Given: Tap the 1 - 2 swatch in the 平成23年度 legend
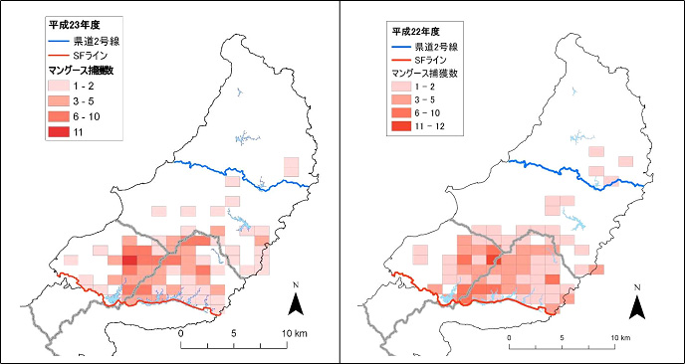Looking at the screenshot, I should point(63,87).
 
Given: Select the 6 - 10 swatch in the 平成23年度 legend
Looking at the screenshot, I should point(63,116).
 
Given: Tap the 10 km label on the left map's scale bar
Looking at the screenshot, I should point(298,332).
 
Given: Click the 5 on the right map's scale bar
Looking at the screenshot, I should point(562,338).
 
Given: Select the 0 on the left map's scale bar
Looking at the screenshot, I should point(181,332).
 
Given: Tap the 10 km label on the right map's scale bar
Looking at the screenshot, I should point(621,338).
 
